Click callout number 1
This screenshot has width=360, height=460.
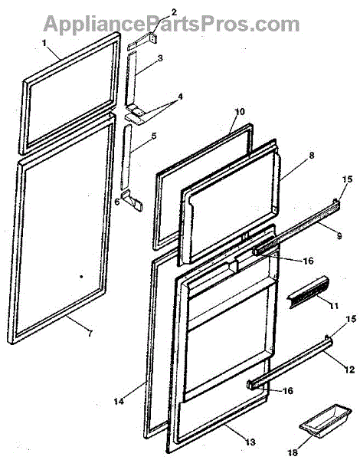click(x=44, y=43)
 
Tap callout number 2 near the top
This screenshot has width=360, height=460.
click(x=174, y=12)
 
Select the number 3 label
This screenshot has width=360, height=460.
click(x=160, y=58)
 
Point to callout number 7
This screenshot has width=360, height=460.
click(x=90, y=333)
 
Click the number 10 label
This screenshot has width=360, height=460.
click(x=240, y=112)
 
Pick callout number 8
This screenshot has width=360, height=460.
click(x=311, y=156)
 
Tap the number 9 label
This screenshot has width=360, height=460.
click(x=339, y=236)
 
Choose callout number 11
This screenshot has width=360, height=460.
click(x=333, y=306)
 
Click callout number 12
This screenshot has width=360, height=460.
click(x=350, y=370)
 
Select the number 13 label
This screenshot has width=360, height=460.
click(x=250, y=442)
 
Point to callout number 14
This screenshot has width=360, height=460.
click(x=119, y=401)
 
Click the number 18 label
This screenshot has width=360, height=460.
click(x=293, y=453)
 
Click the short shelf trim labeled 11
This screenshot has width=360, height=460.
click(x=309, y=292)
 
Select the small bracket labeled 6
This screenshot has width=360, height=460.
click(x=133, y=200)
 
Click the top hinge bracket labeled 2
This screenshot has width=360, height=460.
click(x=142, y=41)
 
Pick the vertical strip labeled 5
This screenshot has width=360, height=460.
click(x=126, y=157)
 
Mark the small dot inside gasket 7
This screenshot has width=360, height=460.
click(x=81, y=276)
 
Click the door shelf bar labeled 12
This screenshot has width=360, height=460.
click(x=290, y=363)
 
